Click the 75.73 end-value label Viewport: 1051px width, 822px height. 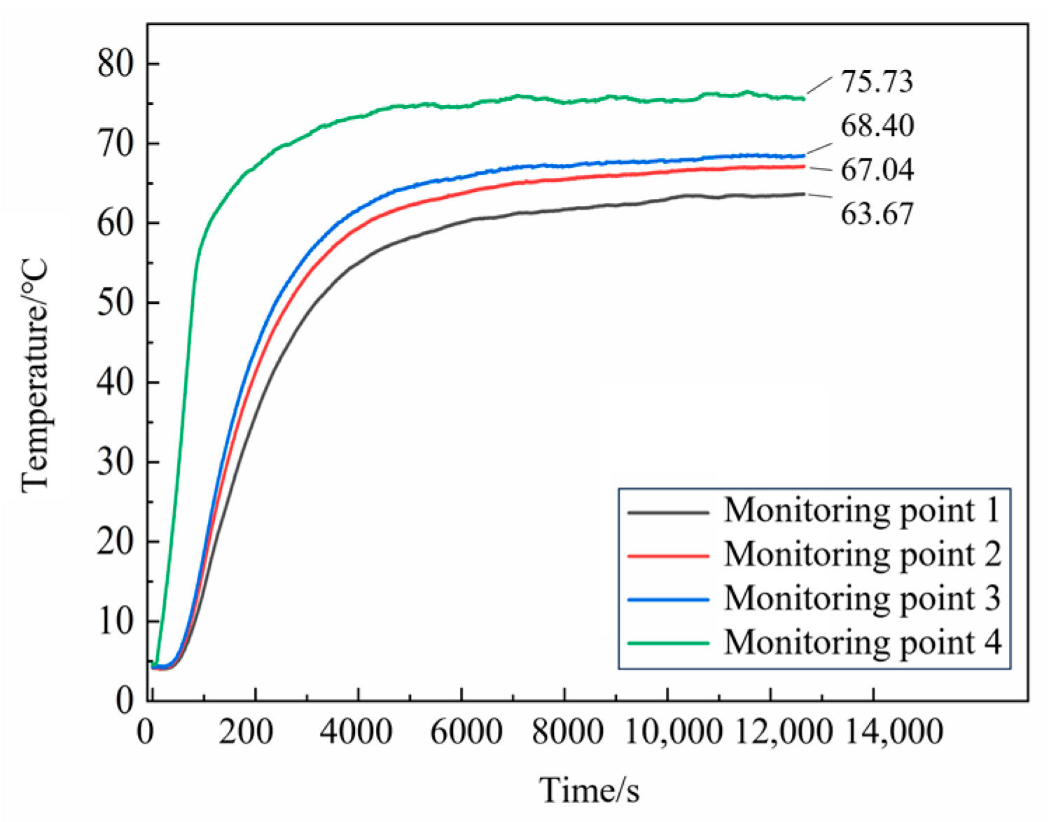(x=877, y=82)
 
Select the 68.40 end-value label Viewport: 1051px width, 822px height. (x=877, y=126)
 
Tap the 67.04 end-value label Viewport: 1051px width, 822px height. (x=877, y=170)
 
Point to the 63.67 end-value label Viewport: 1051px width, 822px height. (x=877, y=214)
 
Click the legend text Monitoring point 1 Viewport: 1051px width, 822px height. (x=862, y=510)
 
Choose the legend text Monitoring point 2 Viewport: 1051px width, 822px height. (x=862, y=554)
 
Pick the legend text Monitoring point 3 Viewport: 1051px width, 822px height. (x=862, y=598)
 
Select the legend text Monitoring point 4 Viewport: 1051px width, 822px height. (x=862, y=642)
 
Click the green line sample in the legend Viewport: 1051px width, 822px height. (x=668, y=643)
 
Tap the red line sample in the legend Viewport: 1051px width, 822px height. (x=668, y=555)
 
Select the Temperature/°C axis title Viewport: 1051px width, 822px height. (x=35, y=375)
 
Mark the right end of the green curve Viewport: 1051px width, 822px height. (x=803, y=99)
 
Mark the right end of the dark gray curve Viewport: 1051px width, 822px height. (x=803, y=194)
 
